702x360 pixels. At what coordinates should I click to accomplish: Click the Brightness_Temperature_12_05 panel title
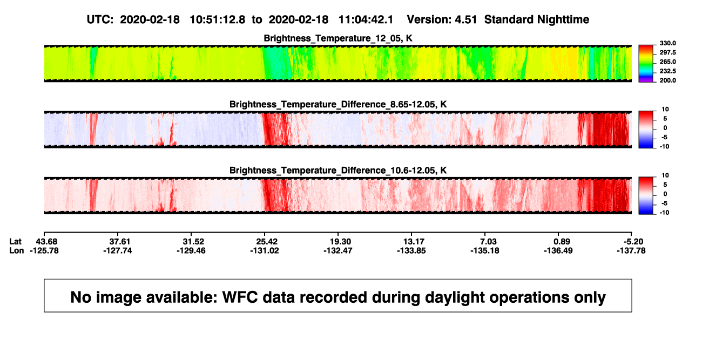pos(338,38)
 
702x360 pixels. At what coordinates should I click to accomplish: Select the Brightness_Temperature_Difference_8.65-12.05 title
pos(338,104)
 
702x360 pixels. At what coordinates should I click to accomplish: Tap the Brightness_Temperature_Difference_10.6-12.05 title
pos(338,171)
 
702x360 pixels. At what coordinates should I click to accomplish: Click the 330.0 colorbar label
pos(667,43)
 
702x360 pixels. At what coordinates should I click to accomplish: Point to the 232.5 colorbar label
pos(667,71)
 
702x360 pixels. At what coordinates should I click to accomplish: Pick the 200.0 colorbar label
pos(667,80)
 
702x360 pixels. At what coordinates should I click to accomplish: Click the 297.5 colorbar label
pos(667,53)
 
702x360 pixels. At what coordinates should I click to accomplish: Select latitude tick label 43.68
pos(46,242)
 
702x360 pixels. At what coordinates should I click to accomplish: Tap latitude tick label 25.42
pos(267,242)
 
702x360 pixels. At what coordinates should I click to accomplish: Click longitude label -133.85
pos(411,251)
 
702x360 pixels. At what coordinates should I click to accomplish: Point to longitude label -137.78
pos(631,251)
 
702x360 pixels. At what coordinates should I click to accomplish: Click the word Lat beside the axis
pos(15,242)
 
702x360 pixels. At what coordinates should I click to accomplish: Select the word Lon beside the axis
pos(16,251)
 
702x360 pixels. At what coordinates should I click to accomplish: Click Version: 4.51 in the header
pos(442,20)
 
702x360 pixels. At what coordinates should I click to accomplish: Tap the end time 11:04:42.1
pos(366,20)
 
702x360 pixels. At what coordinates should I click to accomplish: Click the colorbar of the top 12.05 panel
pos(646,64)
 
